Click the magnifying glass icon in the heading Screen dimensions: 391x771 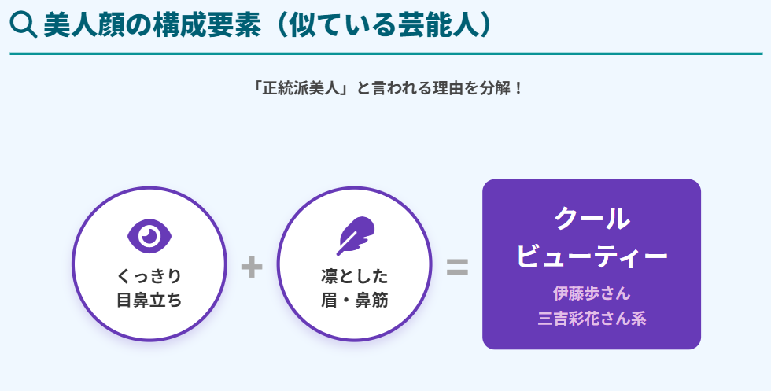pyautogui.click(x=23, y=26)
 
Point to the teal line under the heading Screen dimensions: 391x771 pyautogui.click(x=385, y=54)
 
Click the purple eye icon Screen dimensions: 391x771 pyautogui.click(x=149, y=234)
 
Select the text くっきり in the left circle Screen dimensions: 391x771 pyautogui.click(x=149, y=276)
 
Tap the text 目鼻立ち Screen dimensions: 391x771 pyautogui.click(x=149, y=301)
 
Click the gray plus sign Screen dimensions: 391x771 pyautogui.click(x=252, y=267)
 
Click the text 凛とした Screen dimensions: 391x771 pyautogui.click(x=354, y=276)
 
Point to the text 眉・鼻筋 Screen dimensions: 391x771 pyautogui.click(x=354, y=301)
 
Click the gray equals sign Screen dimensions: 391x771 pyautogui.click(x=457, y=267)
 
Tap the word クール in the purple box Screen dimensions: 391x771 pyautogui.click(x=592, y=218)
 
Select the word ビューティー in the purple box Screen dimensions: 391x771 pyautogui.click(x=592, y=256)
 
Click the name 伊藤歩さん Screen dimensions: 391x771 pyautogui.click(x=592, y=294)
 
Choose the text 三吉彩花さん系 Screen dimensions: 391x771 pyautogui.click(x=592, y=319)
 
